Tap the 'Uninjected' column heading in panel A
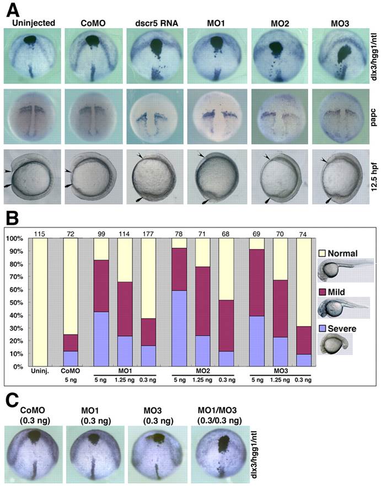33,23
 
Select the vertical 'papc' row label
373,117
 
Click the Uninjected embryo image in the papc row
33,116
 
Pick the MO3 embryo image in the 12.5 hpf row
341,177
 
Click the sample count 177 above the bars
148,234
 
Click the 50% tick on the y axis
16,303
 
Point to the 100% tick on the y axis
15,239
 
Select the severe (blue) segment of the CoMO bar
71,359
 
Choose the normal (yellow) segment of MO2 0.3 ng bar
226,269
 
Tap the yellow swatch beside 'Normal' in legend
322,253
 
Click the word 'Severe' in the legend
342,329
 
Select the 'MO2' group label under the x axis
203,371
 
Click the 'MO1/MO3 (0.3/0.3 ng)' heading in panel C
219,415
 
